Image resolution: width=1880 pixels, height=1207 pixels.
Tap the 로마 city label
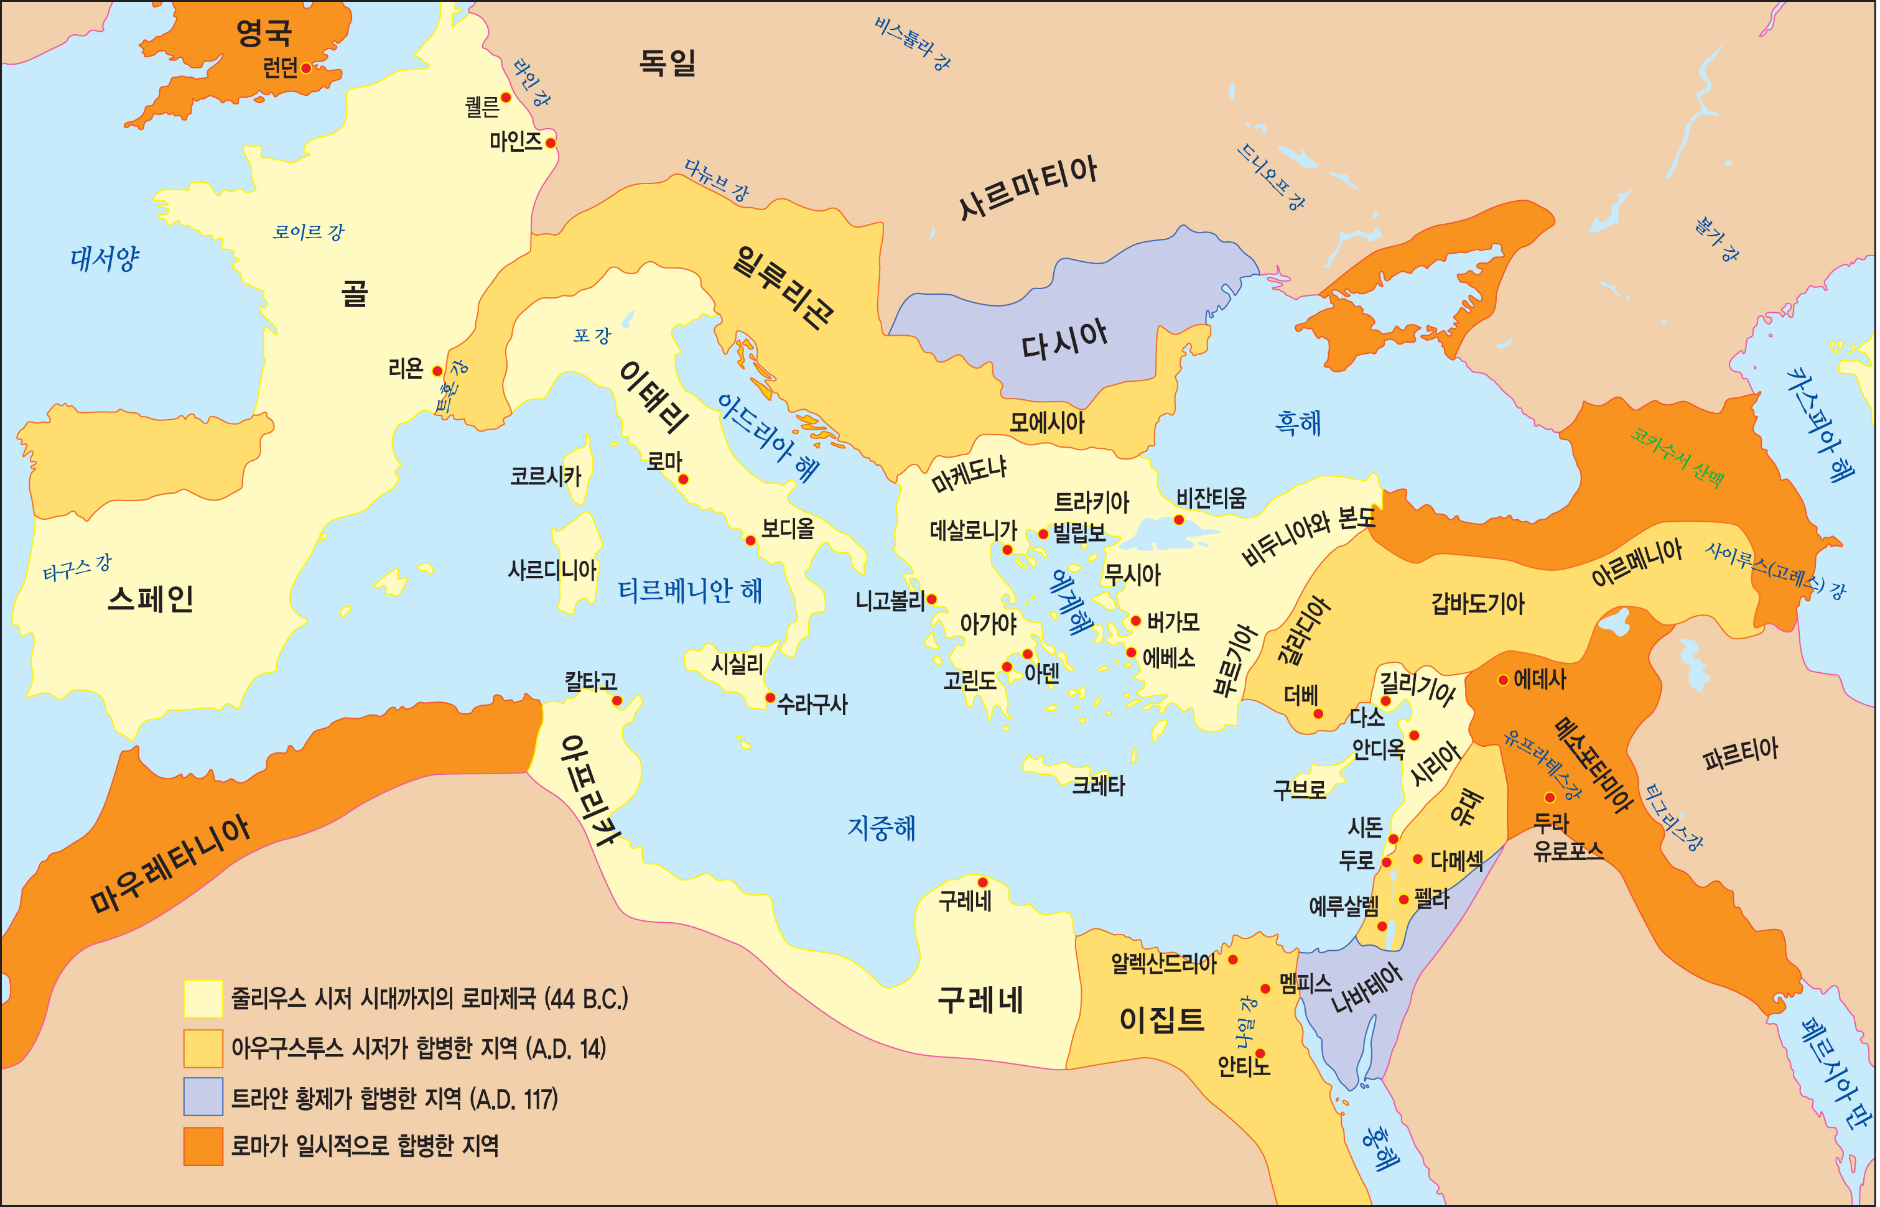tap(664, 461)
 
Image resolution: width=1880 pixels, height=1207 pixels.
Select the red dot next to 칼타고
tap(617, 701)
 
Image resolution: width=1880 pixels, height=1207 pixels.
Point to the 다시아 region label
tap(1064, 340)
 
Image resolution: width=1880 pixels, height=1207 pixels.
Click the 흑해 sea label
tap(1298, 423)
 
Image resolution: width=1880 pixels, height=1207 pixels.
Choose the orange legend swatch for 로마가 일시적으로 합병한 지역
tap(203, 1147)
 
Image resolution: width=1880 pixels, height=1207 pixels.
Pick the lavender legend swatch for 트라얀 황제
tap(203, 1096)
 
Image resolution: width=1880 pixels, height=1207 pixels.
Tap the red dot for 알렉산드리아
tap(1233, 960)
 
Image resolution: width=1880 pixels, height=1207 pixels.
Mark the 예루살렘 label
tap(1344, 907)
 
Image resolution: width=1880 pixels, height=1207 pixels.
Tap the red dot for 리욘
tap(437, 371)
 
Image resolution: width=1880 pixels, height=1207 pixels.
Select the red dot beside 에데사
tap(1503, 680)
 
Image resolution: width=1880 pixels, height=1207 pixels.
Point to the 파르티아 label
tap(1741, 754)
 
